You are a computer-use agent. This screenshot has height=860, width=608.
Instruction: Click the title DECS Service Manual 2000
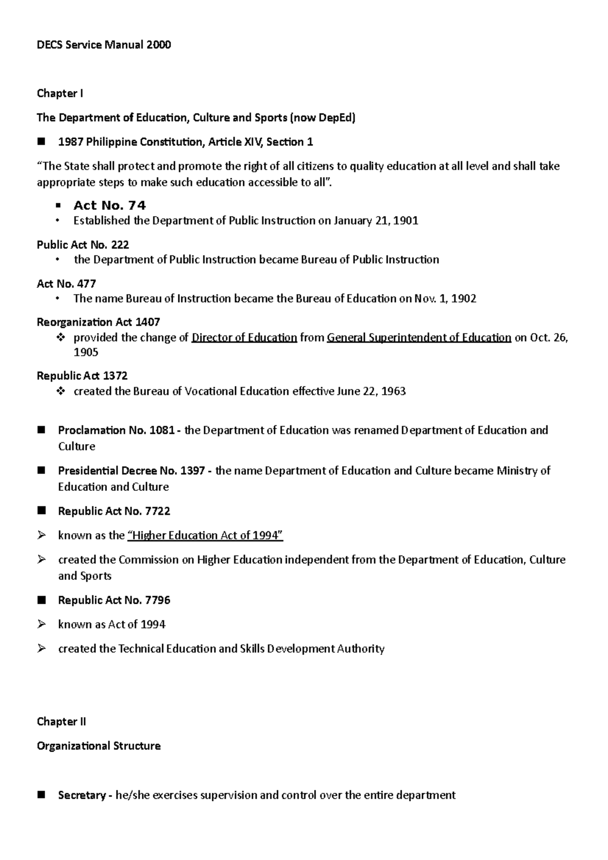[x=104, y=45]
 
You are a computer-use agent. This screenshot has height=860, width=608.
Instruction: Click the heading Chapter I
[x=60, y=94]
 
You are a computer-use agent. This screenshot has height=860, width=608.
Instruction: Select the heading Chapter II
[x=61, y=722]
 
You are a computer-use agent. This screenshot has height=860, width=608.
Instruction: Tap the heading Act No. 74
[x=109, y=206]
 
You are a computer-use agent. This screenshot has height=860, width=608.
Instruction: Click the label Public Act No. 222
[x=83, y=245]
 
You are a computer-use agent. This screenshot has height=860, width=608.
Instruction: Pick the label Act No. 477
[x=66, y=284]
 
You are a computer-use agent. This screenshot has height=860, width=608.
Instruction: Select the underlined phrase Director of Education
[x=244, y=338]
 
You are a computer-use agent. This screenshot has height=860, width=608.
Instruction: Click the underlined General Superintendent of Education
[x=419, y=338]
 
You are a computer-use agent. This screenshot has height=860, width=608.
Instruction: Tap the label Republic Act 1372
[x=82, y=376]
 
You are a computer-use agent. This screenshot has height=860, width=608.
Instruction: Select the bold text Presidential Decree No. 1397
[x=131, y=471]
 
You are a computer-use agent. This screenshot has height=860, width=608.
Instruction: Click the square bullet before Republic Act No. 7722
[x=42, y=511]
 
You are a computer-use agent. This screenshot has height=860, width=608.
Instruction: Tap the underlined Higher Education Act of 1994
[x=205, y=536]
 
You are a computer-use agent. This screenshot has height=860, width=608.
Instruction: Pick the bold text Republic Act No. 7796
[x=114, y=601]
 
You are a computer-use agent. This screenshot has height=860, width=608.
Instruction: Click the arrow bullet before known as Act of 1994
[x=42, y=625]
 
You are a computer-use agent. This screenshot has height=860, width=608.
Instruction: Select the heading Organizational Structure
[x=99, y=746]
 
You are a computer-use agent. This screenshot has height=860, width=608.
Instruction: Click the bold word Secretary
[x=82, y=796]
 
